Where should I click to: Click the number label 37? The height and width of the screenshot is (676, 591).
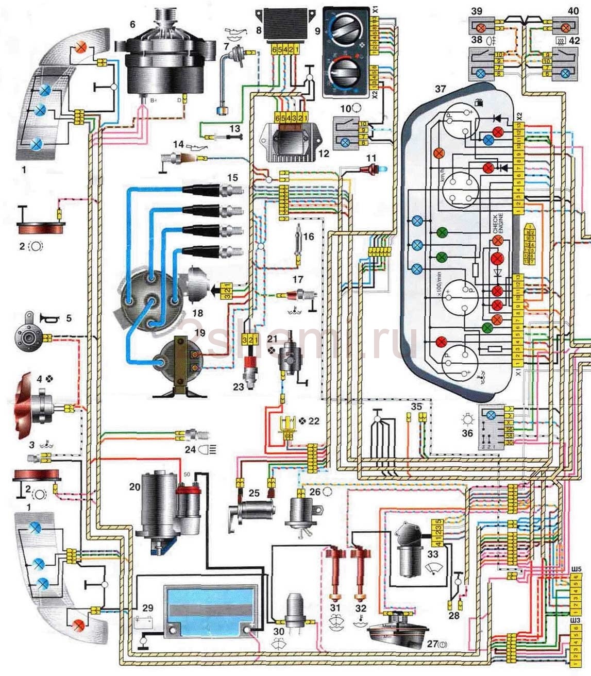click(x=440, y=89)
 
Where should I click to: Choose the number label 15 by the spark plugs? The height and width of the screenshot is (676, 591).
click(x=232, y=178)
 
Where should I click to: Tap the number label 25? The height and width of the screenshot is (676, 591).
click(x=254, y=494)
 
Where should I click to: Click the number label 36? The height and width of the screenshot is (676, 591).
click(x=467, y=433)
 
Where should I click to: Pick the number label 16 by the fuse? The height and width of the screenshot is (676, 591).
click(x=308, y=236)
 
